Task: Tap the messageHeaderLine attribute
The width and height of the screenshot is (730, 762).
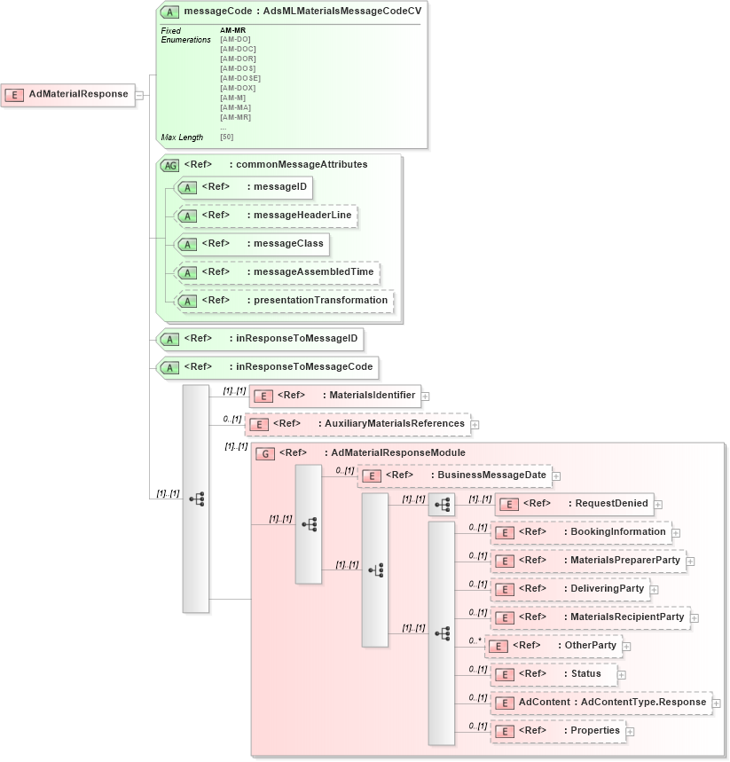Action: [266, 216]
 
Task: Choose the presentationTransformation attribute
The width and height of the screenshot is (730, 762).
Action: [284, 301]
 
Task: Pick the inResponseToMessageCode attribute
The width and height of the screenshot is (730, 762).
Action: [267, 367]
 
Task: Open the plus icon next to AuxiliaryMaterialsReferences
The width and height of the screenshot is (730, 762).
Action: [475, 425]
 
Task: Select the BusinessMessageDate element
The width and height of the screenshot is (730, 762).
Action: [454, 475]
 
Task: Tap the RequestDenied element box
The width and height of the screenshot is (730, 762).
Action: [574, 504]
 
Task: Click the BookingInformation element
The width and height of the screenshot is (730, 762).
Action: [581, 532]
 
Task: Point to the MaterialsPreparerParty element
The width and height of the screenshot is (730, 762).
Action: [588, 561]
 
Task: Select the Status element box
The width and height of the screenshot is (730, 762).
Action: [553, 674]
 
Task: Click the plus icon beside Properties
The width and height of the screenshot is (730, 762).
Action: [630, 732]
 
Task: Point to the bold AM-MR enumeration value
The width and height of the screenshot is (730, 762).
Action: [233, 30]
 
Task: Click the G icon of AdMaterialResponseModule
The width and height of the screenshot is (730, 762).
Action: [264, 453]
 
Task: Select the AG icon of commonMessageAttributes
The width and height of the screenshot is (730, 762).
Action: [169, 165]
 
